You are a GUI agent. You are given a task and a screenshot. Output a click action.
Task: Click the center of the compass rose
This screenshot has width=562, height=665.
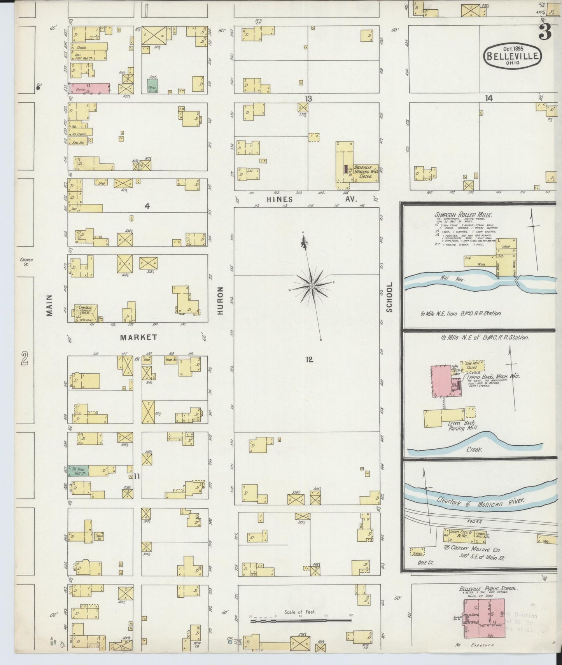(x=312, y=286)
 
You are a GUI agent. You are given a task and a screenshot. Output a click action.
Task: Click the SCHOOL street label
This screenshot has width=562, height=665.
(x=390, y=297)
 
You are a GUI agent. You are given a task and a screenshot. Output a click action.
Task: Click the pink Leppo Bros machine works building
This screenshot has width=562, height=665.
(x=442, y=381)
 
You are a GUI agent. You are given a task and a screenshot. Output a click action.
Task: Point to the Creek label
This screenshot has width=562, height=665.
(x=474, y=449)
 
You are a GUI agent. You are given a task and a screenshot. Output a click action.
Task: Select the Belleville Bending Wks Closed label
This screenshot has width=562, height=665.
(x=365, y=171)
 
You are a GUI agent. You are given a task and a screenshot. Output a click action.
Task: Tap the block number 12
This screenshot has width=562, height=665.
(x=309, y=360)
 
